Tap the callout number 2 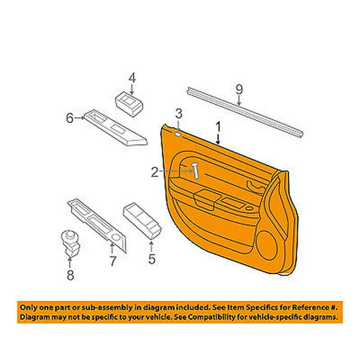pos(155,172)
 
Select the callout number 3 pos(179,114)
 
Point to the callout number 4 pos(132,78)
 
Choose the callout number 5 pos(152,259)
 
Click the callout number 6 pos(70,118)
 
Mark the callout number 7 pos(113,261)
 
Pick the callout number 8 pos(70,275)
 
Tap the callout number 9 pos(239,89)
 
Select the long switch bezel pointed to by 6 pos(115,128)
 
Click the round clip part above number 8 pos(71,244)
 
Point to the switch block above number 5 pos(142,221)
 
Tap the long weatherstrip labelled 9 pos(245,112)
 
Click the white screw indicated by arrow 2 pos(196,171)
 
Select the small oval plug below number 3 pos(178,134)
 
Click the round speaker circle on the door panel pos(266,245)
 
